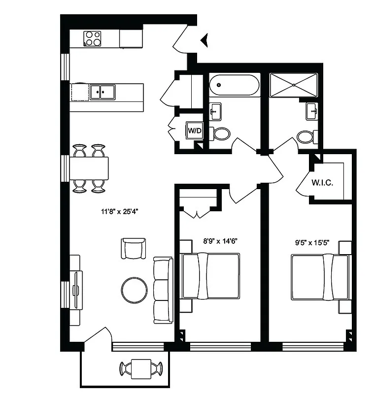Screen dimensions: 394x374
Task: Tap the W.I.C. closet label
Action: click(x=323, y=183)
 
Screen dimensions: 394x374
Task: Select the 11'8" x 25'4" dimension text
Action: click(x=119, y=212)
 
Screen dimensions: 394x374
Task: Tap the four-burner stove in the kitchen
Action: click(x=93, y=38)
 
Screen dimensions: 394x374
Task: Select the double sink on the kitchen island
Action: click(x=102, y=92)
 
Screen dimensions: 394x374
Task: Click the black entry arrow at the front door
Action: click(x=205, y=40)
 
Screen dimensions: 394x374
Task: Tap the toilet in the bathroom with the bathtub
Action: click(x=220, y=133)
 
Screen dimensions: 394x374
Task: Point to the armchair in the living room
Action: click(x=134, y=248)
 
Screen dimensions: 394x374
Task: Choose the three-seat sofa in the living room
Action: click(x=163, y=291)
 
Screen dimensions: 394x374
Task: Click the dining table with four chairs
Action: click(x=89, y=168)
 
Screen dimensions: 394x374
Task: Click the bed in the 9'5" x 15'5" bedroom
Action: click(x=319, y=277)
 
